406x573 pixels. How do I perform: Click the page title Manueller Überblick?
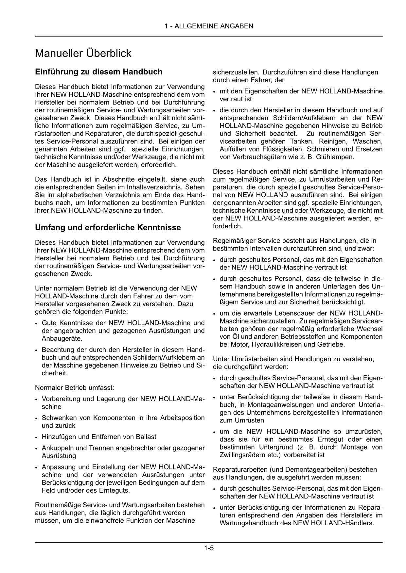coord(83,53)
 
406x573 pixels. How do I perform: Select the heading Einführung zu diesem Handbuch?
coord(98,72)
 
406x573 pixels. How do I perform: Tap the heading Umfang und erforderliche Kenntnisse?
coord(108,227)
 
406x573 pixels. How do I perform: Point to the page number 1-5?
coord(209,548)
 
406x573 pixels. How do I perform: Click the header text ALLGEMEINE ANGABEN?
coord(214,26)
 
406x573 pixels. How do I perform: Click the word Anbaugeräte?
coord(62,338)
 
